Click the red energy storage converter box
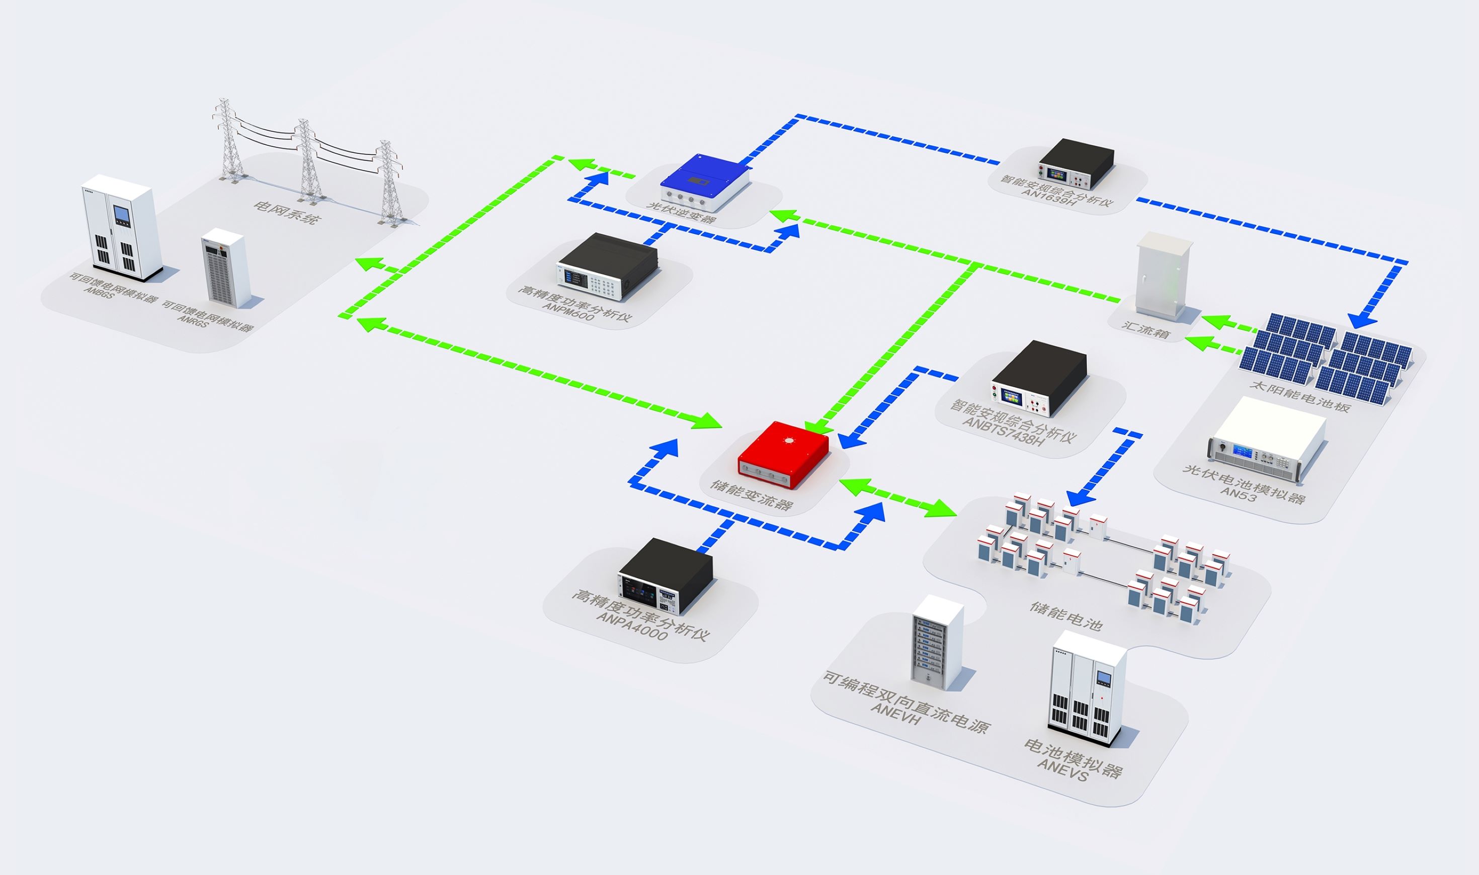tap(783, 455)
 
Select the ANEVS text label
tap(1062, 769)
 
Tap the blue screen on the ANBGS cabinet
tap(122, 216)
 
